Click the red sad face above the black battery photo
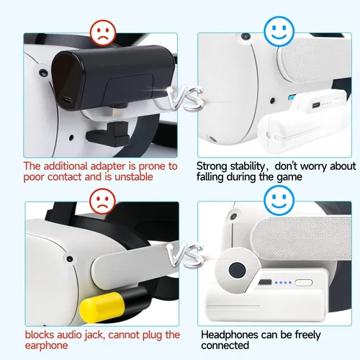pyautogui.click(x=103, y=33)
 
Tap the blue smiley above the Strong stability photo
pyautogui.click(x=279, y=31)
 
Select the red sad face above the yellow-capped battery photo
pyautogui.click(x=102, y=202)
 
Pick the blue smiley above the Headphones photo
pyautogui.click(x=279, y=201)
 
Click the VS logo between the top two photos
pyautogui.click(x=185, y=97)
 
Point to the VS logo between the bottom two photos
pyautogui.click(x=185, y=255)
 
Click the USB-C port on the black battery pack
pyautogui.click(x=67, y=99)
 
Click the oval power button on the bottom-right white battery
pyautogui.click(x=304, y=282)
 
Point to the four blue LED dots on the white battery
pyautogui.click(x=283, y=283)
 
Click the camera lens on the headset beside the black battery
pyautogui.click(x=43, y=72)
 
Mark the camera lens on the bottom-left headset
pyautogui.click(x=70, y=259)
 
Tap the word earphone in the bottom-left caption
pyautogui.click(x=46, y=346)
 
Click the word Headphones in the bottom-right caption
pyautogui.click(x=230, y=335)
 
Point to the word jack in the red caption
pyautogui.click(x=94, y=336)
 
